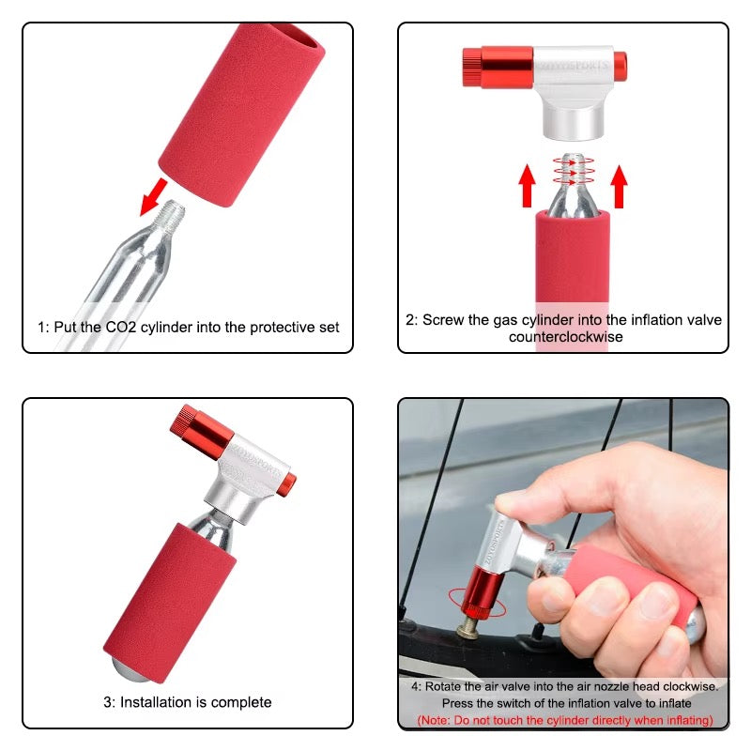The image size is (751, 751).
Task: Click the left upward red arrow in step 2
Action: point(527,184)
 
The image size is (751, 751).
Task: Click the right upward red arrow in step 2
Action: point(619,184)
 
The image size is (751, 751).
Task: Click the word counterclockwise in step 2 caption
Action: point(566,337)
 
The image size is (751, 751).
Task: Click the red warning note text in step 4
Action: point(564,720)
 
